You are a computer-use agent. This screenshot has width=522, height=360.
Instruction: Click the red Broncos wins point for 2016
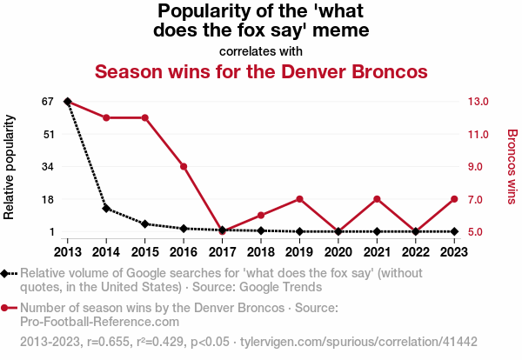(184, 166)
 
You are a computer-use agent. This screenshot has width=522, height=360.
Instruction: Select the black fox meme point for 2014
(106, 209)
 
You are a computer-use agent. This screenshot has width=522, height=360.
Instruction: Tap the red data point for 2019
(299, 199)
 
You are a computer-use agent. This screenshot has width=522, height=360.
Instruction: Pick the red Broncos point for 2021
(377, 199)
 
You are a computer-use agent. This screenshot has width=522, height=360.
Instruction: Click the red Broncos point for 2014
(106, 117)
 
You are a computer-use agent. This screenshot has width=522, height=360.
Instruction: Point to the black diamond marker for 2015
(144, 224)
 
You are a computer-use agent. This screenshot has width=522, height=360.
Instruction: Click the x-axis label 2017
(222, 251)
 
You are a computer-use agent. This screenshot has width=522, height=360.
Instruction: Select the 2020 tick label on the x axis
(338, 251)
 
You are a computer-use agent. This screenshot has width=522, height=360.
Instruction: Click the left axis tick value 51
(48, 134)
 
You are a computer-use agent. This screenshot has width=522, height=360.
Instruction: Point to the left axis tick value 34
(48, 166)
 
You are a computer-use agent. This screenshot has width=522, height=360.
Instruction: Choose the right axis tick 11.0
(480, 134)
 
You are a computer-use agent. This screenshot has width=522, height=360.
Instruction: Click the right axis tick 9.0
(480, 166)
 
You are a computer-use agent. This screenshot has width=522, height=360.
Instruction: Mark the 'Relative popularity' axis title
(10, 166)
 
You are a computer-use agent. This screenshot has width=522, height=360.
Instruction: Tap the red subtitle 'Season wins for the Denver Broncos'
(261, 71)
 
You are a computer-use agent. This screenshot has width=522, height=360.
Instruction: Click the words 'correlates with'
(261, 50)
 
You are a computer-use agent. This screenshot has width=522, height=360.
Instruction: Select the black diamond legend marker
(7, 273)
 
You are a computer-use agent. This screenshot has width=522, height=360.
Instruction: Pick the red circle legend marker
(7, 308)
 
